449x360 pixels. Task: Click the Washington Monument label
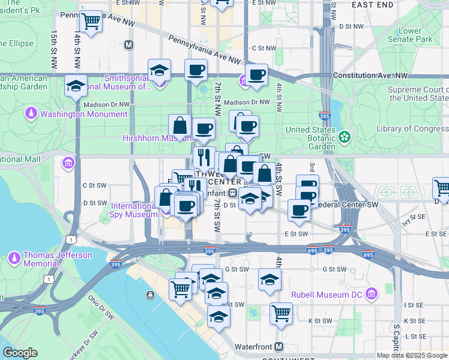(x=84, y=113)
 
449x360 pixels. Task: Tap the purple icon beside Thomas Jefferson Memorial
(x=14, y=259)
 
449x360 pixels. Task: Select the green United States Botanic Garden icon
(x=344, y=137)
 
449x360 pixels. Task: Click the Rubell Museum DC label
(x=329, y=295)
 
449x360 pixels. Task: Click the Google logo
(x=20, y=353)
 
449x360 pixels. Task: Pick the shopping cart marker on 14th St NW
(x=91, y=22)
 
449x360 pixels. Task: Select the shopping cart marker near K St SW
(x=280, y=313)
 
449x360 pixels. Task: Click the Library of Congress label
(x=412, y=128)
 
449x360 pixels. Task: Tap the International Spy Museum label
(x=134, y=210)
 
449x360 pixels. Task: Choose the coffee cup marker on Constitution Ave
(x=256, y=76)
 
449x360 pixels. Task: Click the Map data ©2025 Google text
(x=412, y=355)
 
